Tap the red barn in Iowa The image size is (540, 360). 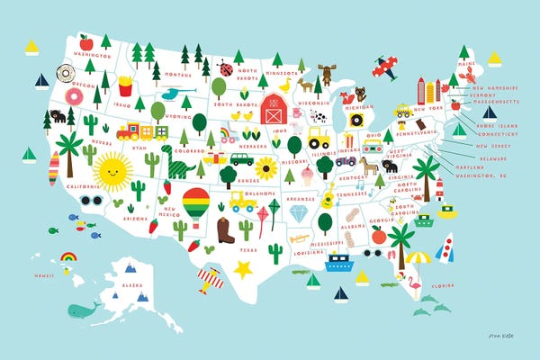tap(274, 109)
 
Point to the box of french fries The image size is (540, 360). tap(125, 86)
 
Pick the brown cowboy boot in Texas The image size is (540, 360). tap(224, 231)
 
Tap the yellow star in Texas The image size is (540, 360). tap(242, 268)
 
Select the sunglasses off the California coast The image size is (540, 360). tap(90, 201)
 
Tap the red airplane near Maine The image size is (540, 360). tap(386, 65)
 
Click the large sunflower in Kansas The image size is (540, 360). tap(265, 168)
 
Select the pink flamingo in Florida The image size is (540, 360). tap(415, 283)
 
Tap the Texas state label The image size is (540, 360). tap(247, 247)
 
